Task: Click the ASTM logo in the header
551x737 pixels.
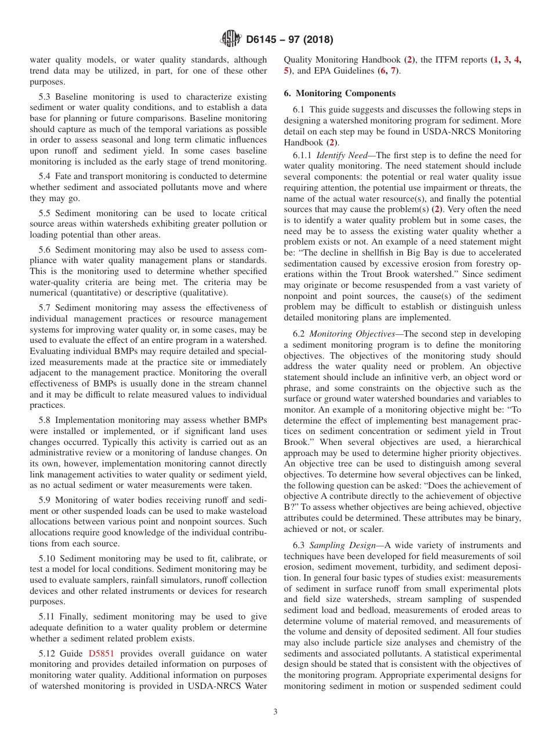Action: pos(231,40)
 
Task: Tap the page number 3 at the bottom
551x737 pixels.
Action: pos(275,712)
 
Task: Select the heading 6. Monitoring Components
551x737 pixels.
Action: pos(339,93)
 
